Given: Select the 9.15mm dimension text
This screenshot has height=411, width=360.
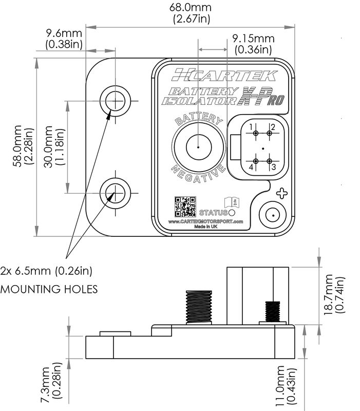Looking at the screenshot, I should click(x=253, y=44).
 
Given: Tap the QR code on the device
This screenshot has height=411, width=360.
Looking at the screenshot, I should click(x=185, y=206).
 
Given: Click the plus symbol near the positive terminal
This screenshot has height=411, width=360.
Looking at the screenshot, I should click(x=281, y=194).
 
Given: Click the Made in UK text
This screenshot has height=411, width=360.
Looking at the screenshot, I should click(x=205, y=227).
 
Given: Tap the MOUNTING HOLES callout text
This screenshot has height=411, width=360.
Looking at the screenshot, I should click(x=49, y=289).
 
